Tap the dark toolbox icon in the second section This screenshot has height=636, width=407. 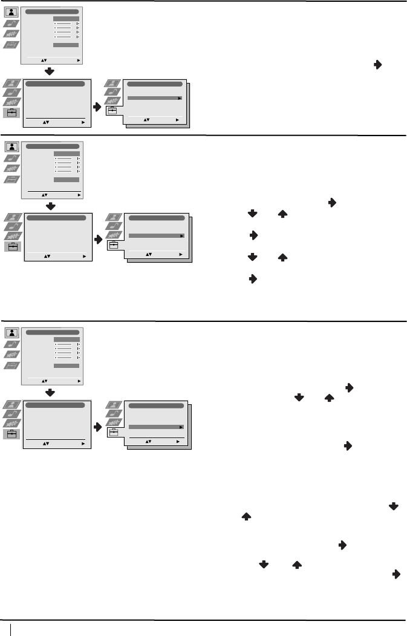coord(13,246)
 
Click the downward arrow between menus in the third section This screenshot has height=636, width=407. coord(51,393)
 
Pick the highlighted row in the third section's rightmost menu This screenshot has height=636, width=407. coord(156,427)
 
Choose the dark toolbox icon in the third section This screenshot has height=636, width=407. coord(13,434)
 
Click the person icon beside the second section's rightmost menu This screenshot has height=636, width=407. coord(113,216)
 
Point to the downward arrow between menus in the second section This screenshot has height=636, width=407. coord(51,206)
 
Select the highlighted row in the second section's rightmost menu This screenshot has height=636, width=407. coord(156,235)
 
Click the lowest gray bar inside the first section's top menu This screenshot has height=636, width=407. coord(66,45)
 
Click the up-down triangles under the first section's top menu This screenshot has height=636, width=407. coord(43,61)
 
